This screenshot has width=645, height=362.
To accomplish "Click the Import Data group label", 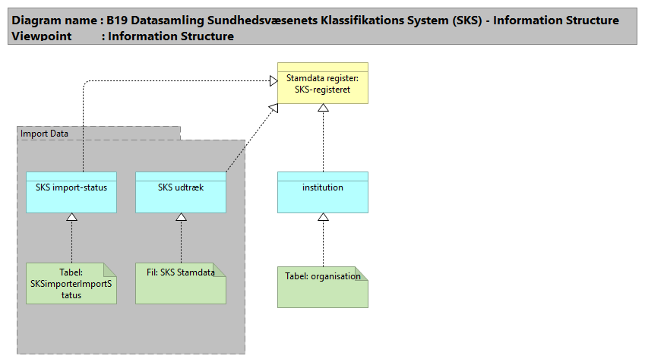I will pyautogui.click(x=45, y=134).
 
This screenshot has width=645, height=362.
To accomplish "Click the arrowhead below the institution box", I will pyautogui.click(x=323, y=219).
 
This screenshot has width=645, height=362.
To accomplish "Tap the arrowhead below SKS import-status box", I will pyautogui.click(x=71, y=219).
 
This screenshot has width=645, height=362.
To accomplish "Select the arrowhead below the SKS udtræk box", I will pyautogui.click(x=181, y=219).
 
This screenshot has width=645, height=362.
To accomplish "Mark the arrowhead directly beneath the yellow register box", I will pyautogui.click(x=323, y=109).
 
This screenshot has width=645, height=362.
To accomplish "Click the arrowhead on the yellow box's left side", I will pyautogui.click(x=272, y=80).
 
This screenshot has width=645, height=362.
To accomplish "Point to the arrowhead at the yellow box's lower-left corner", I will pyautogui.click(x=273, y=108).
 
